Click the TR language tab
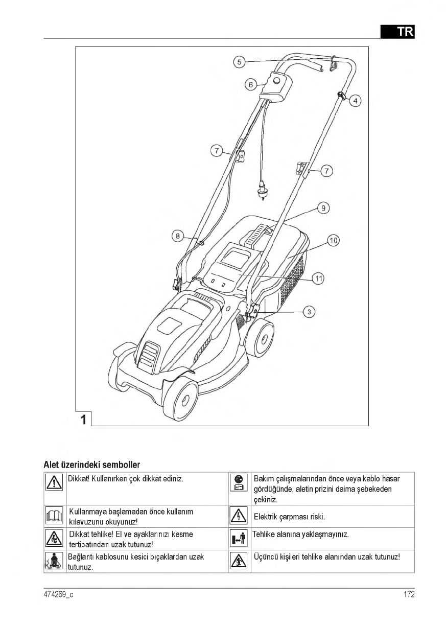[397, 31]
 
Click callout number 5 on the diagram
[239, 62]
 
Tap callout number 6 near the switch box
[250, 84]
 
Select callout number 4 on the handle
[356, 101]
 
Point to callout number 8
[177, 236]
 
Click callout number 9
[323, 207]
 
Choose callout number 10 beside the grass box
[334, 240]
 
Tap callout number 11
[318, 279]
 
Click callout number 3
[309, 311]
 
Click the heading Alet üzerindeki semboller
[92, 465]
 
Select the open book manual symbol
[54, 517]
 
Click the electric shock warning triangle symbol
[239, 517]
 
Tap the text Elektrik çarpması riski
[289, 517]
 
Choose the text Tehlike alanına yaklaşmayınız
[301, 535]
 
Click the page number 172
[408, 594]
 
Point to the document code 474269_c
[59, 594]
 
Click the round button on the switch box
[276, 81]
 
